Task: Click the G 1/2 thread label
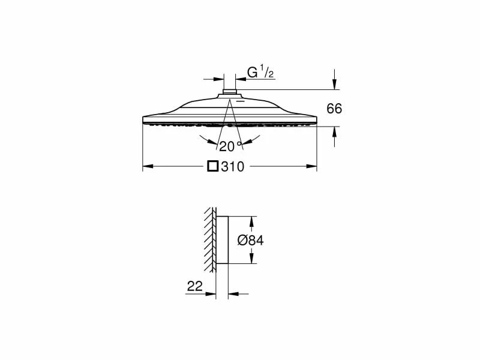coord(260,73)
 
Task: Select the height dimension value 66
coord(334,109)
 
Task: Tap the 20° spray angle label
coord(230,146)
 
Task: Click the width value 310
coord(233,167)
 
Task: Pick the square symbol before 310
coord(213,166)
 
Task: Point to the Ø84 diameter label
coord(250,241)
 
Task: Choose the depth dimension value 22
coord(194,286)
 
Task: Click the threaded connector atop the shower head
coord(229,92)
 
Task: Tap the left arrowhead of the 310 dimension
coord(148,166)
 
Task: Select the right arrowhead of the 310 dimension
coord(311,166)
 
